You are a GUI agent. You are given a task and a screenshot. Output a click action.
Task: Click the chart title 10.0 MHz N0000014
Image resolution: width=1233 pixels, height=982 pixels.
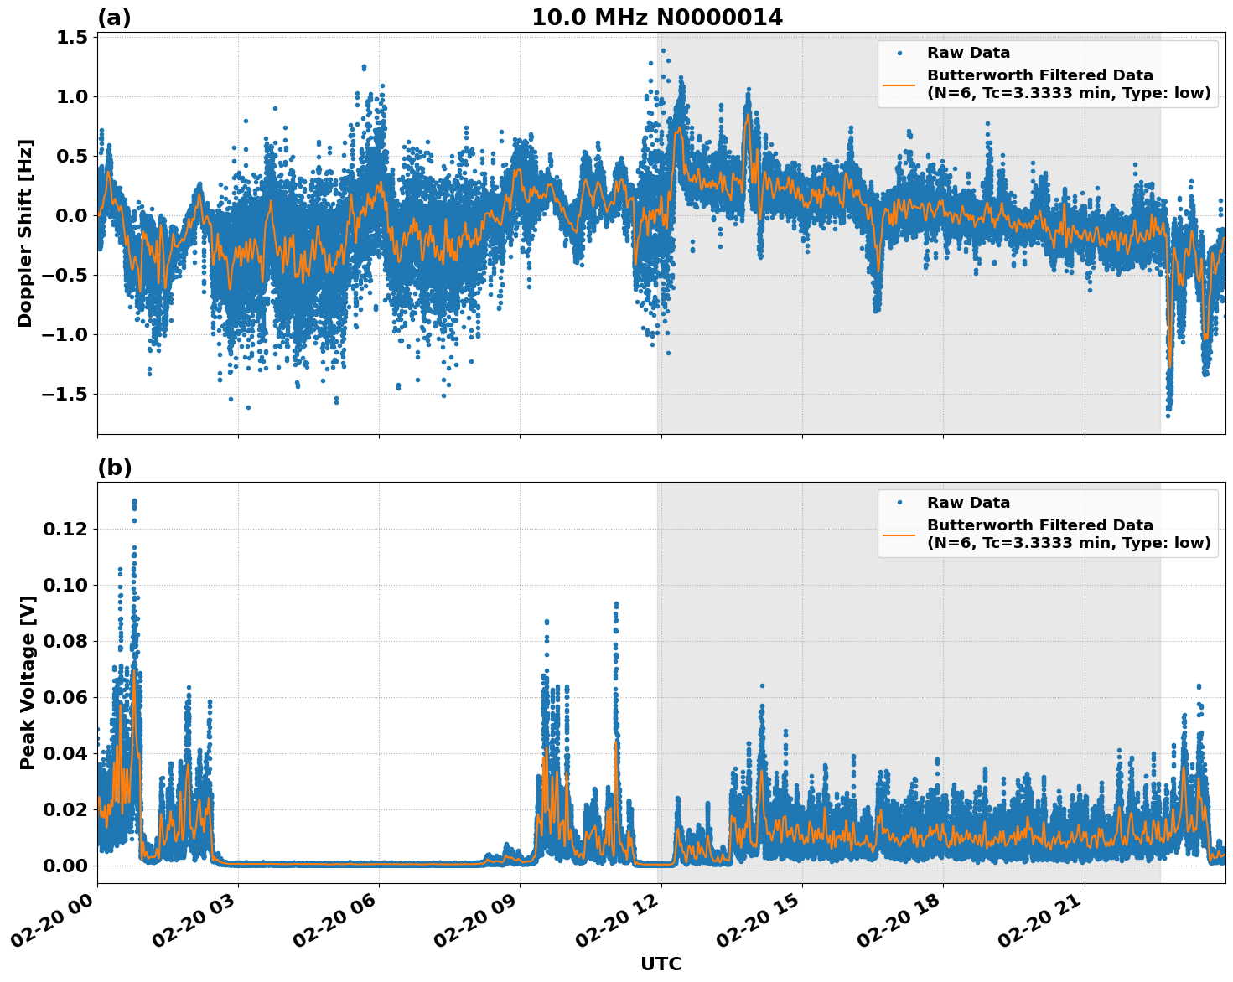(656, 18)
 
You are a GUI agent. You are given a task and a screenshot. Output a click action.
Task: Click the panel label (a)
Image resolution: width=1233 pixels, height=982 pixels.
(114, 18)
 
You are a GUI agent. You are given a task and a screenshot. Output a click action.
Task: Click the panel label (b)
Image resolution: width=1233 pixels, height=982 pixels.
(114, 468)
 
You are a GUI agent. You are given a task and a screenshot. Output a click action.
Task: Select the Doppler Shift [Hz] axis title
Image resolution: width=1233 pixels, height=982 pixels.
(25, 233)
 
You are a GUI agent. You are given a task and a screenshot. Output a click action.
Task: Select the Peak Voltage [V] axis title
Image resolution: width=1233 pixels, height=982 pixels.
(27, 683)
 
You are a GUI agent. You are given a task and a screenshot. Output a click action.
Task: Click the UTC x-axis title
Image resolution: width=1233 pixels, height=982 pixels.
(661, 964)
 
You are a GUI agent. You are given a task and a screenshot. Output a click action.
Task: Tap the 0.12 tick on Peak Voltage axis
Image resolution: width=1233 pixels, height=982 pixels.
(65, 530)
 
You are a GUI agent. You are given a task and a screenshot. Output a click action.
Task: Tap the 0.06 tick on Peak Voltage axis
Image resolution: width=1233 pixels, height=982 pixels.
(65, 698)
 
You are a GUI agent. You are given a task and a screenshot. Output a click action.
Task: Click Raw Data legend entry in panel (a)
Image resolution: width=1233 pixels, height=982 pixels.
(968, 53)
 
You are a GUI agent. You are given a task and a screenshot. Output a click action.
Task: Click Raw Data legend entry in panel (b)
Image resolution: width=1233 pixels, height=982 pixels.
(968, 503)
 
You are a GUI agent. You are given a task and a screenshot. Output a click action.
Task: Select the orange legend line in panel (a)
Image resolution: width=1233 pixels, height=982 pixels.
(899, 84)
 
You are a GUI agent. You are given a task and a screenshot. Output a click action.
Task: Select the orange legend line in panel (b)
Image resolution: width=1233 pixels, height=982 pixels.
(899, 534)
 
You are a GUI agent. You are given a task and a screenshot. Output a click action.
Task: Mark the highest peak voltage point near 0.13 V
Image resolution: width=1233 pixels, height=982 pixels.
(134, 501)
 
